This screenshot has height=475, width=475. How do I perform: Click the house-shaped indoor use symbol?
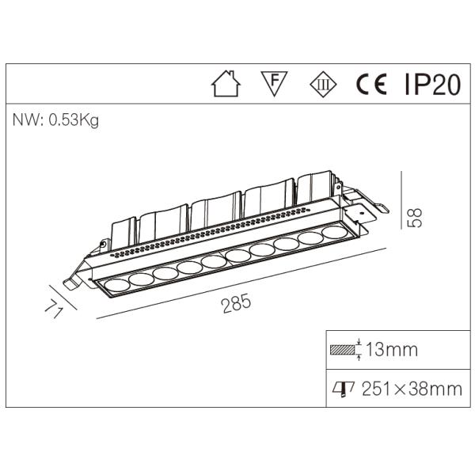[226, 84]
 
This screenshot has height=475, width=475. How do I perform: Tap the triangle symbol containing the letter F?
[272, 82]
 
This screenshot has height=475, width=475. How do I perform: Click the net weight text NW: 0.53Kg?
[55, 120]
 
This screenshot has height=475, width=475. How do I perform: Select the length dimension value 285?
[236, 302]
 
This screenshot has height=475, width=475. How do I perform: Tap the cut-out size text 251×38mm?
[412, 388]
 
